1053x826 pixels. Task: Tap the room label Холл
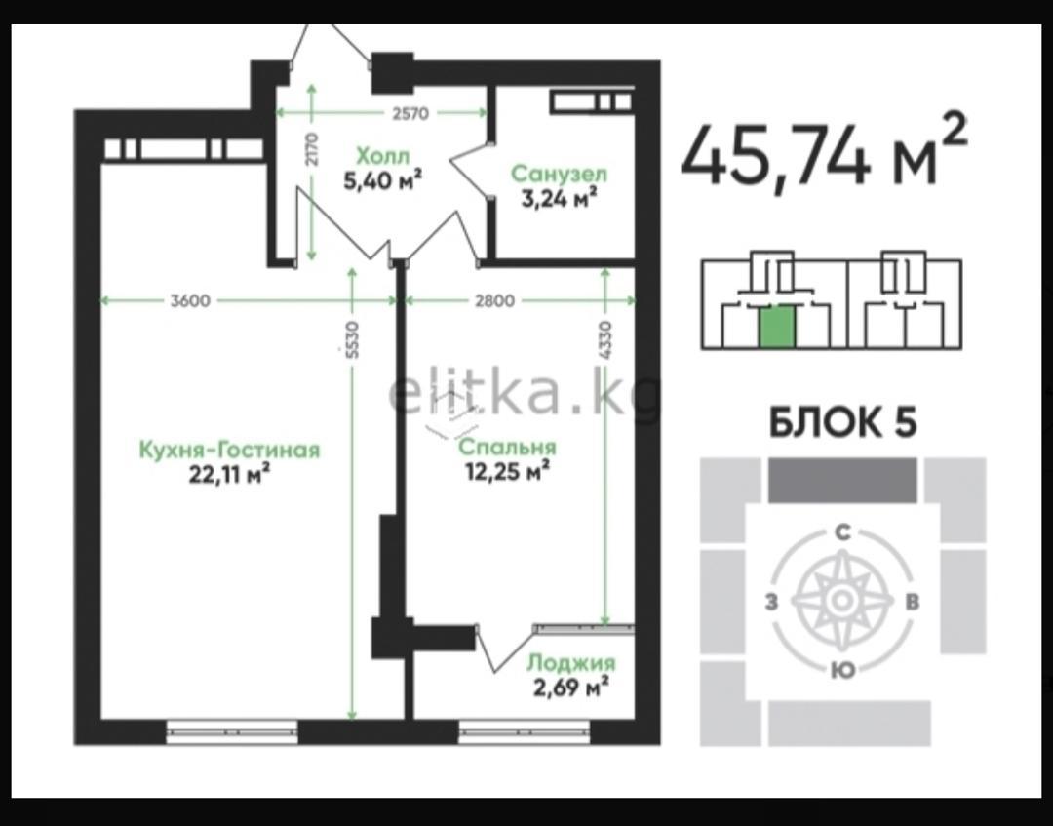(x=382, y=156)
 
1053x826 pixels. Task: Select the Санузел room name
(x=560, y=174)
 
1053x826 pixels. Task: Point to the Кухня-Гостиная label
(x=230, y=450)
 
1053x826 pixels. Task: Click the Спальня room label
(x=508, y=447)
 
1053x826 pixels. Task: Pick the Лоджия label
(x=570, y=663)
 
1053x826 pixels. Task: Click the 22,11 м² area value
(x=230, y=474)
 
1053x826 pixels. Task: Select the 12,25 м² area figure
(x=508, y=471)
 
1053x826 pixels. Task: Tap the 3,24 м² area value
(x=560, y=198)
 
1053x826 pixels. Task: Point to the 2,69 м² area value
(x=570, y=688)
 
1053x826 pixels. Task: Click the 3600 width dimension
(x=190, y=301)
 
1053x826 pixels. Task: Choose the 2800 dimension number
(x=495, y=301)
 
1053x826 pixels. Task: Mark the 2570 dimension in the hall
(x=409, y=113)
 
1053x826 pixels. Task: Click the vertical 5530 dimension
(x=354, y=339)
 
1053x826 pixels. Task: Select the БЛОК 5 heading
(x=842, y=422)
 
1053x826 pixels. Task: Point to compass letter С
(x=842, y=532)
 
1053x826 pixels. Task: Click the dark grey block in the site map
(x=842, y=480)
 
